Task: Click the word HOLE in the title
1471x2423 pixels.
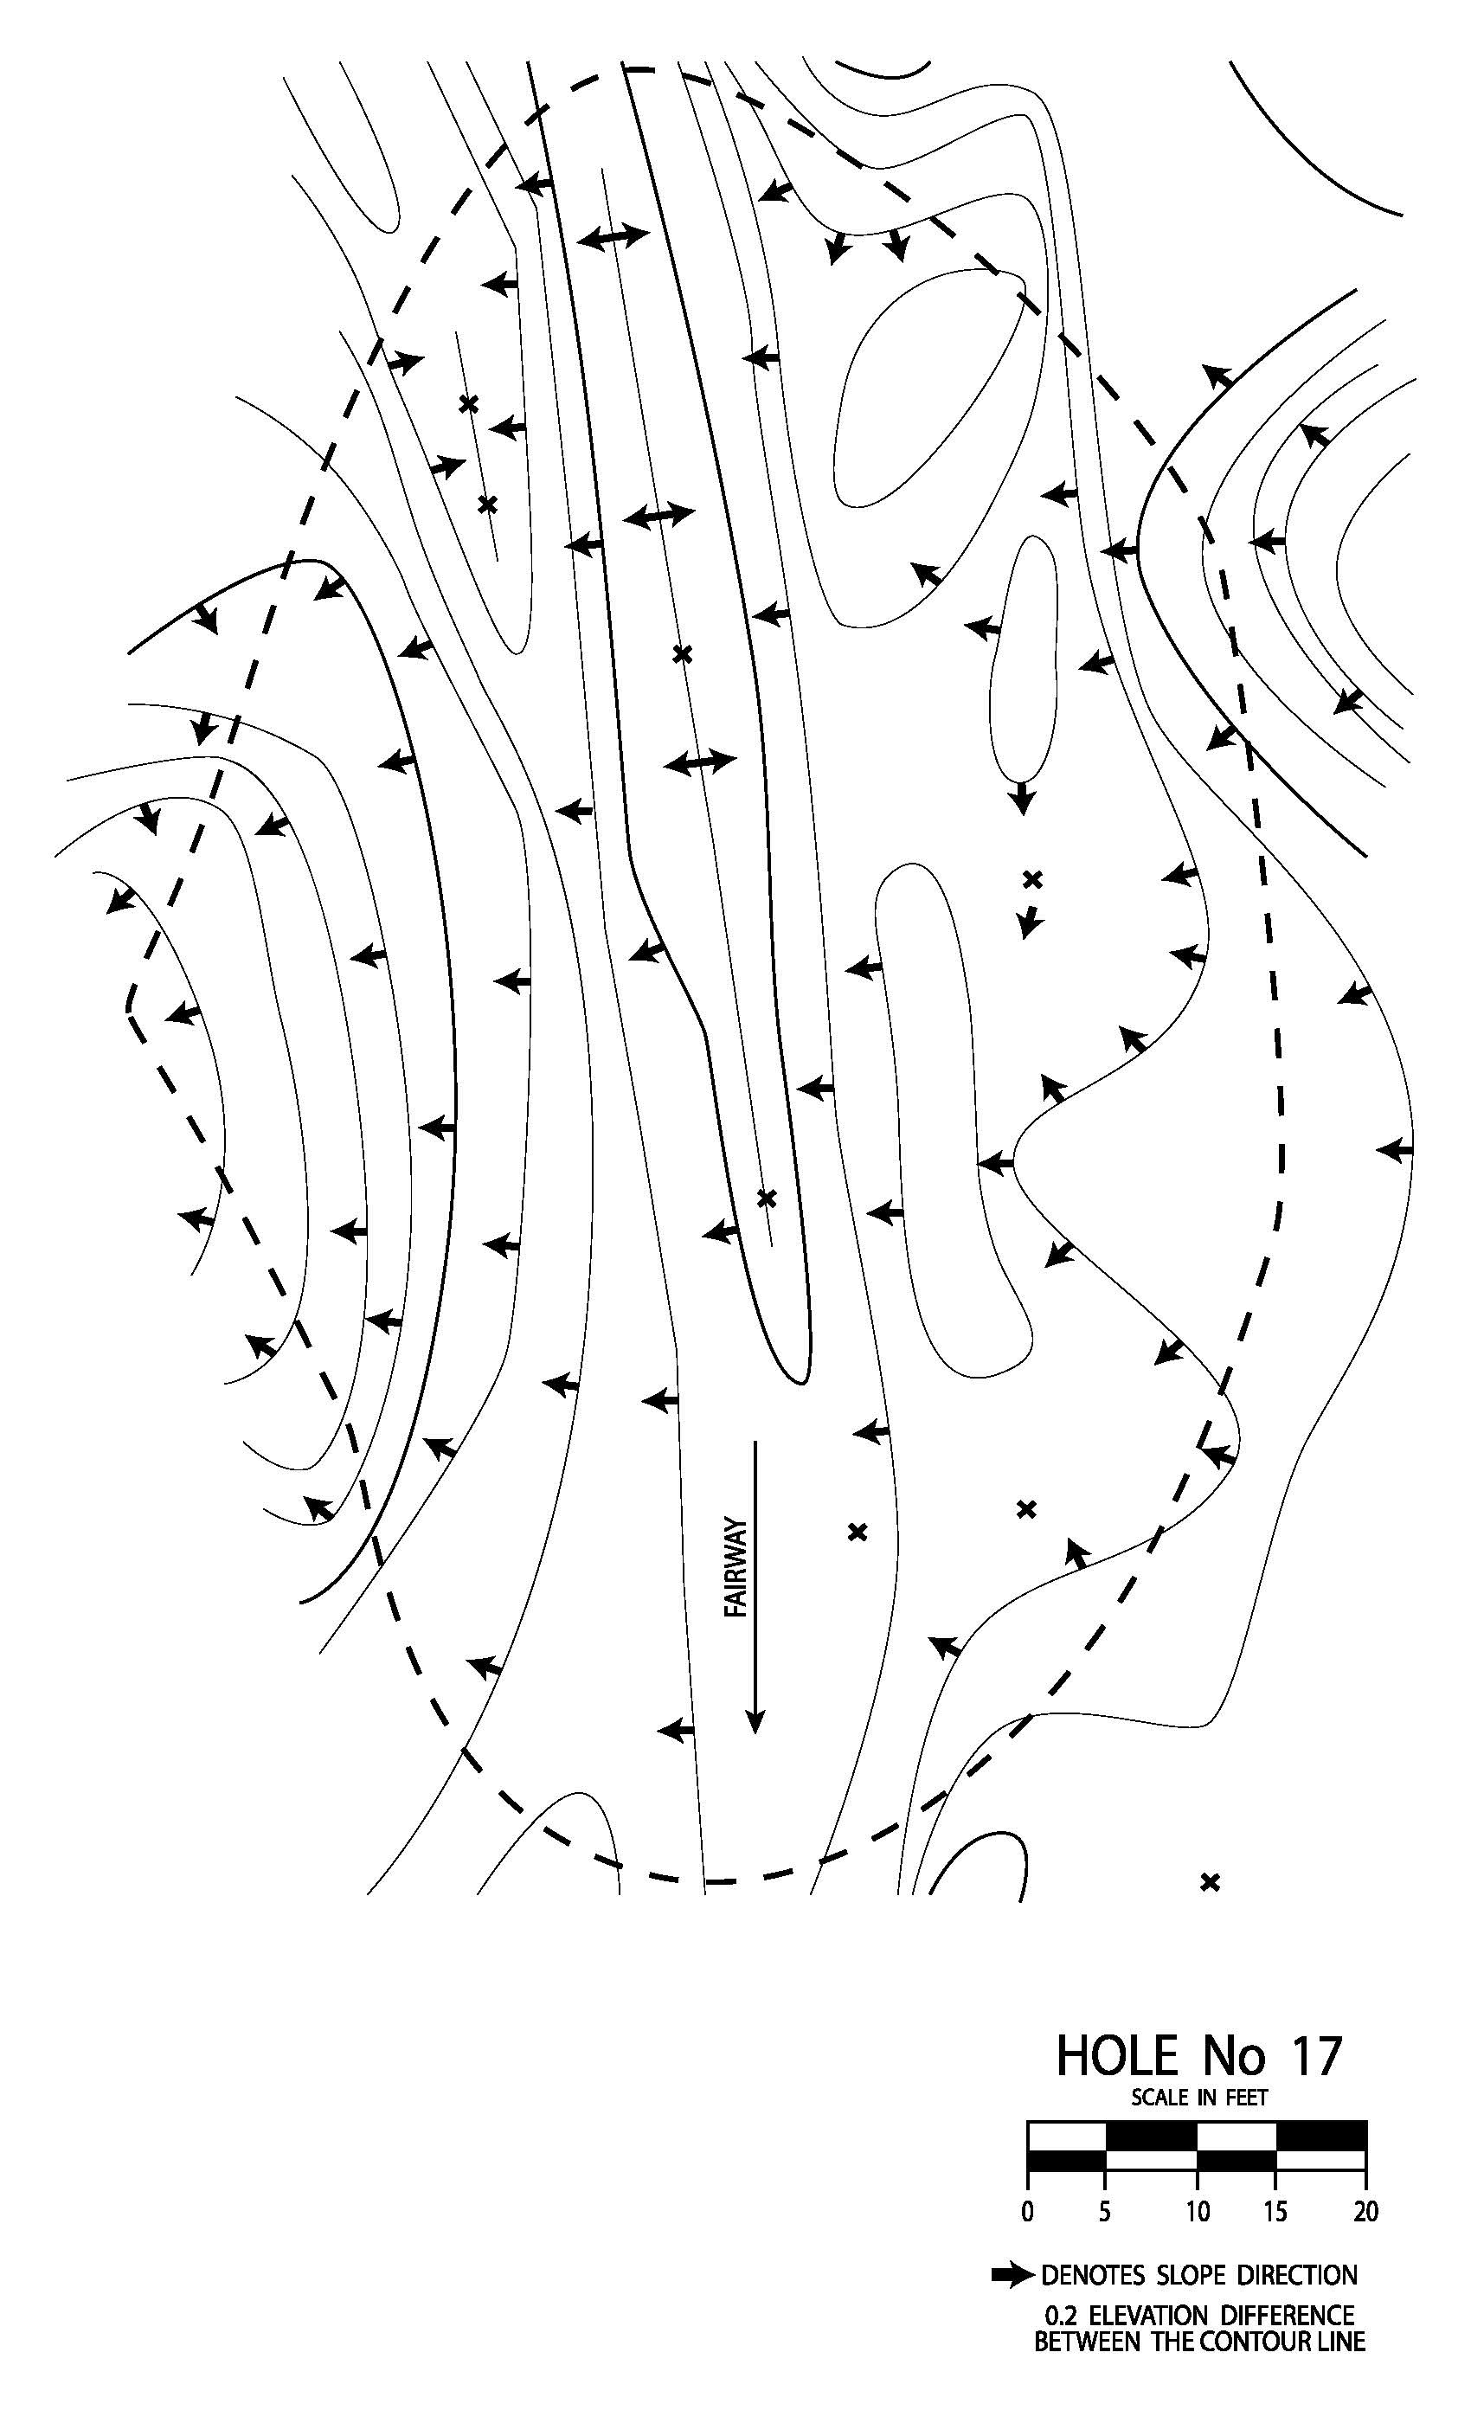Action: (1117, 2056)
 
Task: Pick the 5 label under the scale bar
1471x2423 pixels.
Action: (1105, 2213)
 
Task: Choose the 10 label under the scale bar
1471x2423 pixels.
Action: (1197, 2213)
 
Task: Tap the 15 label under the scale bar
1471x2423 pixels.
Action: (1275, 2213)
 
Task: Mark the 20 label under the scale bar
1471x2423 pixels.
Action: (1365, 2213)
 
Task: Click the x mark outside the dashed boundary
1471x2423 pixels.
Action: (1211, 1882)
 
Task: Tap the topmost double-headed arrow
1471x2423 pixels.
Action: (613, 237)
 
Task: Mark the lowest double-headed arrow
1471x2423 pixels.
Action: (700, 762)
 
